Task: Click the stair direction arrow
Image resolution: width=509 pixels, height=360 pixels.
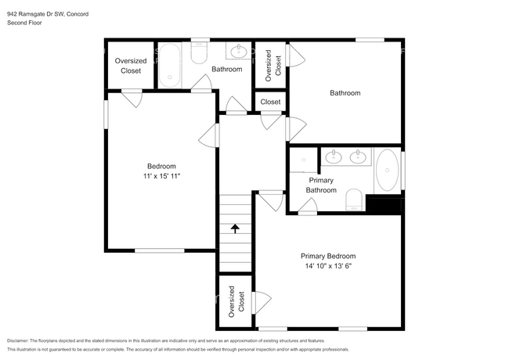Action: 235,229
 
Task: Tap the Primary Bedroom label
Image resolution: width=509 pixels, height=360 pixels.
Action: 328,256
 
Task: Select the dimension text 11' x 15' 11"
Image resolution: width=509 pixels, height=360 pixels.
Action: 161,176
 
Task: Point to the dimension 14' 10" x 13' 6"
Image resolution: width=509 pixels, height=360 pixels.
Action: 328,266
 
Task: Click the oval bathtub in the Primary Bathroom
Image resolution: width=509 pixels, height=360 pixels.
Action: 388,170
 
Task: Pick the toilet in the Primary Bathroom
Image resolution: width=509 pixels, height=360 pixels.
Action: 354,200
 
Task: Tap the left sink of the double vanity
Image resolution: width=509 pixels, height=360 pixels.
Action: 334,157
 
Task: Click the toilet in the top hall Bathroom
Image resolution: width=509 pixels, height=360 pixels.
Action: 199,52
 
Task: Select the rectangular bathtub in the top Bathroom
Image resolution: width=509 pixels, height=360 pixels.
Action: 169,65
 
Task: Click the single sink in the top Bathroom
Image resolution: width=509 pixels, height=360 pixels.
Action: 239,51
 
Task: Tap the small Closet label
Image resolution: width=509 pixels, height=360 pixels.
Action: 270,102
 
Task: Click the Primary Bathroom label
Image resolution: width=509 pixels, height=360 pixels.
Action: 321,185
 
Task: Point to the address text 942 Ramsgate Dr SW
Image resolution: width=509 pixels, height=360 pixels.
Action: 36,14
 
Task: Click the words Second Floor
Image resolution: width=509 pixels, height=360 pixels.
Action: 24,23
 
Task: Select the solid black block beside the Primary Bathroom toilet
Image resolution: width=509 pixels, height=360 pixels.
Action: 384,204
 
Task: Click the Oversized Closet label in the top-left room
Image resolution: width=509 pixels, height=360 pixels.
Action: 131,66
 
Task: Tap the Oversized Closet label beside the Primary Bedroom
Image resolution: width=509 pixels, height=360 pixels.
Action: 236,301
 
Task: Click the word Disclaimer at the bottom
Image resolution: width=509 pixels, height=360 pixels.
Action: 17,341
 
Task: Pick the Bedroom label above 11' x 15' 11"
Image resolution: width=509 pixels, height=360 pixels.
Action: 161,167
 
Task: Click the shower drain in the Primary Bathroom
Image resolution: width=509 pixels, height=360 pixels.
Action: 304,160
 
